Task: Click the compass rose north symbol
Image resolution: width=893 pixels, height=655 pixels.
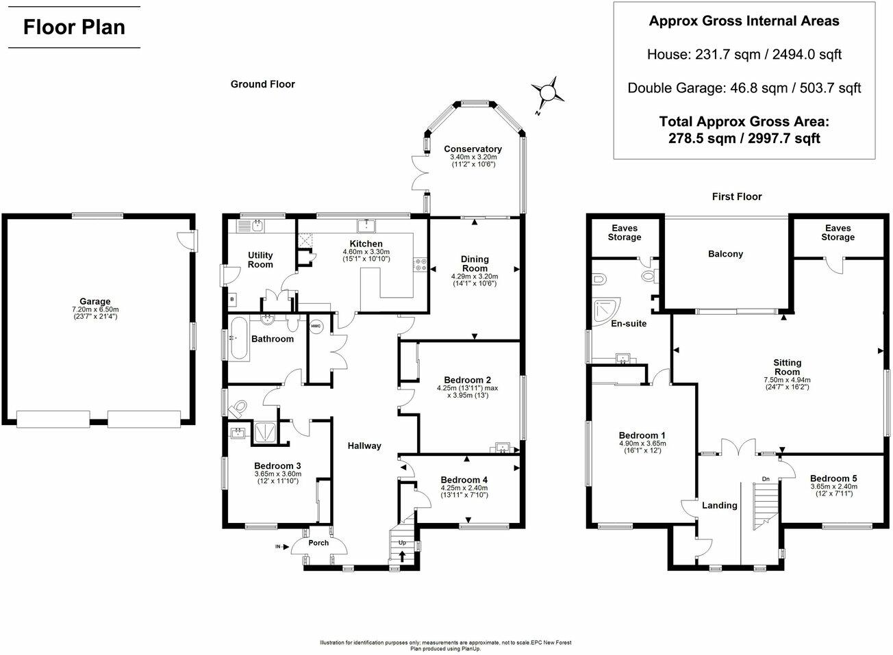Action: coord(548,92)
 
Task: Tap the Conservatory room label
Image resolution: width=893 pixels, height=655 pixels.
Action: coord(473,149)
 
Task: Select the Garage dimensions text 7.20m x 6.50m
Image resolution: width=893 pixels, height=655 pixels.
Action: coord(95,309)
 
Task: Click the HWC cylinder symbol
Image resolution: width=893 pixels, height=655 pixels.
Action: coord(316,326)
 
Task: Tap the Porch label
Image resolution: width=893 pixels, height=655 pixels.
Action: coord(318,543)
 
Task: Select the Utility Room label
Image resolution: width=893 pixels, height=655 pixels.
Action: coord(260,260)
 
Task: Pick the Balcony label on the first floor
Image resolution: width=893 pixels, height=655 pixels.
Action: coord(725,254)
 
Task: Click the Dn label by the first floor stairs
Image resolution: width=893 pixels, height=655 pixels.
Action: coord(766,479)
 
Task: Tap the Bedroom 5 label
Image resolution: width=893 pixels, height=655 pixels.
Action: coord(833,478)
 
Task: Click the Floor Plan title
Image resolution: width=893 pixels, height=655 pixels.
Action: coord(74,27)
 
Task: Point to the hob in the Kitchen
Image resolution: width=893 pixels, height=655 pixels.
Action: coord(420,265)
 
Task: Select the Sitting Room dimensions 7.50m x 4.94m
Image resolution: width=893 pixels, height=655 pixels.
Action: coord(787,380)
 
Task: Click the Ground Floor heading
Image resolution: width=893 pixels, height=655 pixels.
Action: coord(262,84)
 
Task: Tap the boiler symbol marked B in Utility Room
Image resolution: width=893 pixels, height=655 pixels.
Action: coord(231,299)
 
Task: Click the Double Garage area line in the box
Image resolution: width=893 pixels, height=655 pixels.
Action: coord(744,88)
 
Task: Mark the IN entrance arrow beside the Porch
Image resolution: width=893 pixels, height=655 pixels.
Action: coord(280,546)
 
